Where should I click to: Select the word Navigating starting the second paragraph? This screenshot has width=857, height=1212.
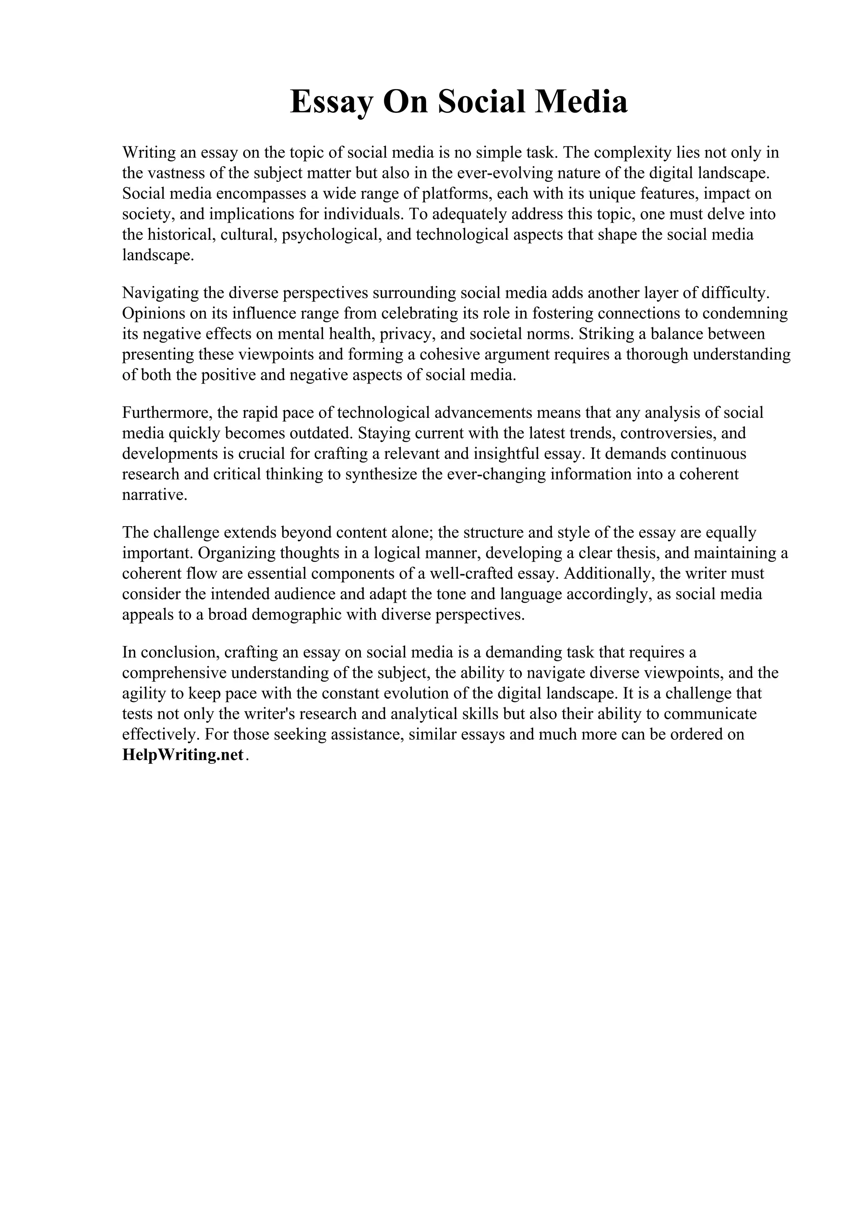tap(159, 292)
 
